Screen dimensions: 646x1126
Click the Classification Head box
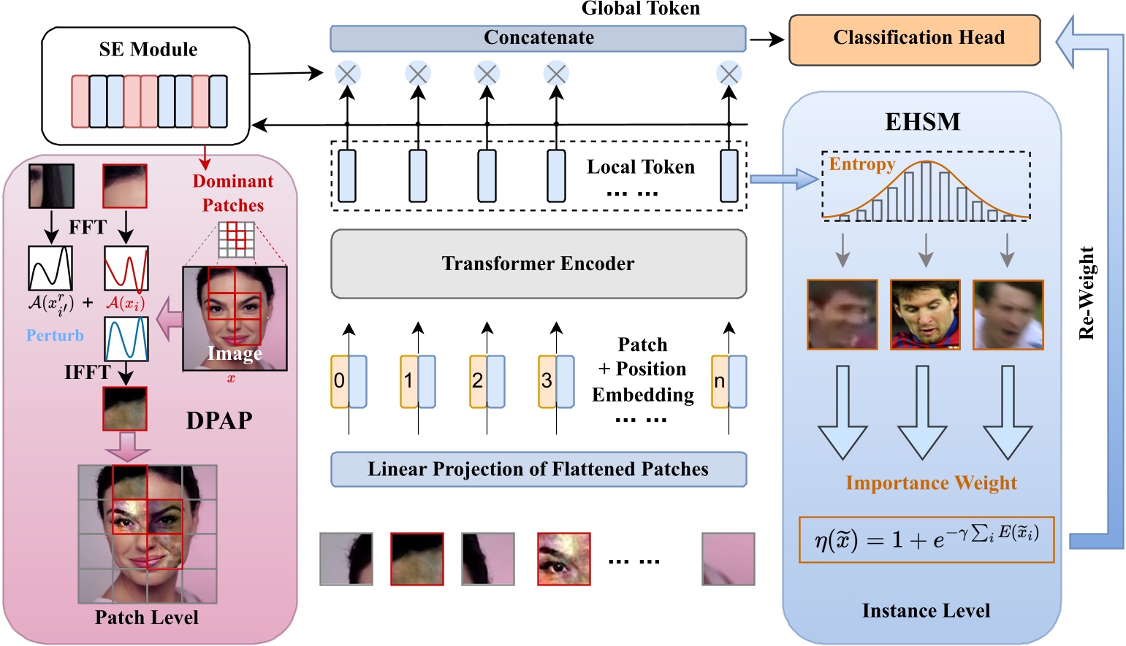tap(914, 39)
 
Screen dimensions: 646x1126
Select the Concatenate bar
tap(538, 39)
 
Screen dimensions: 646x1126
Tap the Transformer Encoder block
tap(538, 264)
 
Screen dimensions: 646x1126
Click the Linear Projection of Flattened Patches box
tap(538, 469)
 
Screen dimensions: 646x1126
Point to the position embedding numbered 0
tap(339, 381)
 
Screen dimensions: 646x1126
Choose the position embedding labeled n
tap(720, 381)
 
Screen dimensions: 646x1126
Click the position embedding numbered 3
tap(547, 381)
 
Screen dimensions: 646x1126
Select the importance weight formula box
tap(926, 539)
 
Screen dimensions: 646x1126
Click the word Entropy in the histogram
tap(861, 164)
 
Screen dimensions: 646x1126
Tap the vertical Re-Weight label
tap(1087, 293)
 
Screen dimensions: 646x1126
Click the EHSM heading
tap(922, 121)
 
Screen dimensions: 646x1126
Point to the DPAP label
tap(218, 420)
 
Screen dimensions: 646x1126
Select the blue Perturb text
tap(55, 336)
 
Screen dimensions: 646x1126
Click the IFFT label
tap(87, 372)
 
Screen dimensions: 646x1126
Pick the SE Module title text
tap(148, 50)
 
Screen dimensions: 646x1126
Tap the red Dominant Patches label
tap(233, 193)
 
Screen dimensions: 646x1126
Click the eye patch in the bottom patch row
tap(563, 559)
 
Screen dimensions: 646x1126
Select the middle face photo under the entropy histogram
tap(924, 315)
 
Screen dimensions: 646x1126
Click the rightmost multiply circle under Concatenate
tap(729, 74)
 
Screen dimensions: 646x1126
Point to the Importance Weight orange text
tap(931, 483)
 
